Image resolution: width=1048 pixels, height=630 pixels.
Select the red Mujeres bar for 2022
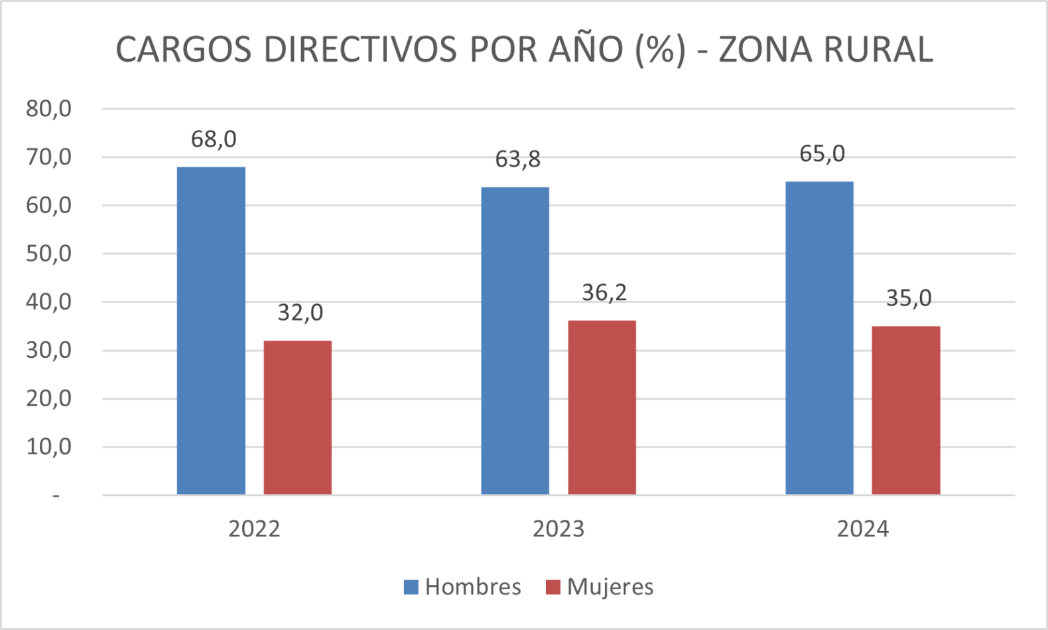298,418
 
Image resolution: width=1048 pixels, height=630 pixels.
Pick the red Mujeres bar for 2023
602,408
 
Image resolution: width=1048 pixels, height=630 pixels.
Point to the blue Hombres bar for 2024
819,338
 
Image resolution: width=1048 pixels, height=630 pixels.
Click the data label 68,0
214,139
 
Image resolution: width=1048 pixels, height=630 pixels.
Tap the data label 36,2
604,293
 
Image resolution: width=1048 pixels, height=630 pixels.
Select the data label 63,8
518,159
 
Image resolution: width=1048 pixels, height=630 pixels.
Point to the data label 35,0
909,299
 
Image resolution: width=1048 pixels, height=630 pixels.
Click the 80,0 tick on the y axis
48,108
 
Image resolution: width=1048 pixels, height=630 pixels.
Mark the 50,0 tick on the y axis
48,254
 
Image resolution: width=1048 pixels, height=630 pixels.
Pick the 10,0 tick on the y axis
48,447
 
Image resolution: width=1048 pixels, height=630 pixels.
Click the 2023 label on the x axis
558,529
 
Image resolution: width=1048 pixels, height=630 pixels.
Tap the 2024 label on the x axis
862,529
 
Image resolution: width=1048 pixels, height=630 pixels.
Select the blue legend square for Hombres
411,587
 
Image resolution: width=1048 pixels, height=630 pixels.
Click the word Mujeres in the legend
610,587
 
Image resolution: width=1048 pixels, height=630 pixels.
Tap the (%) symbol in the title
660,49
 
